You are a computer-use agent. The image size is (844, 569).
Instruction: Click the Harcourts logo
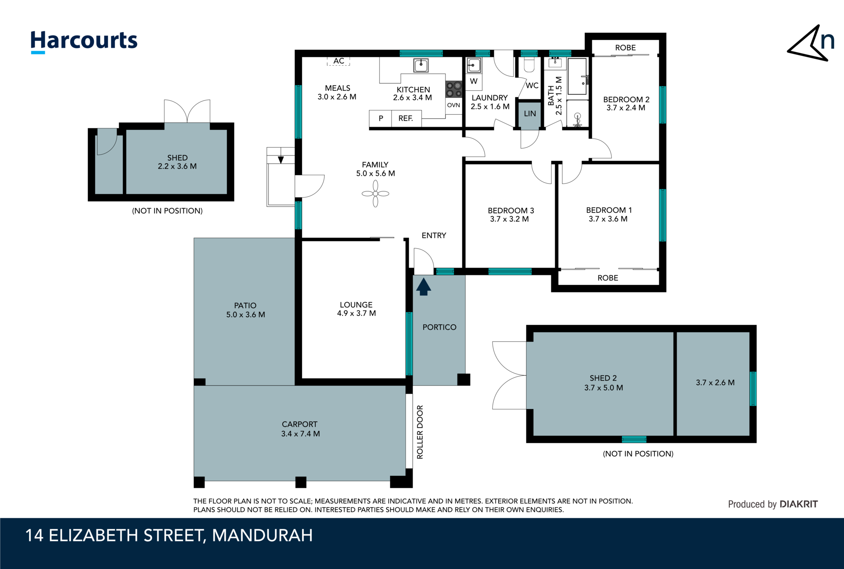click(84, 41)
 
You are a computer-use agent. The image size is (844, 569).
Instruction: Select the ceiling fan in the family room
click(375, 193)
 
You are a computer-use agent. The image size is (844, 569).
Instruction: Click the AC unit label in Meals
click(339, 61)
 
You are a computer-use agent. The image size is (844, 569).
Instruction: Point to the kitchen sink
click(421, 65)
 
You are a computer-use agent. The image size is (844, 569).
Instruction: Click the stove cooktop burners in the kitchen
click(454, 89)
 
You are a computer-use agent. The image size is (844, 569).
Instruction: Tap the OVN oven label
click(453, 105)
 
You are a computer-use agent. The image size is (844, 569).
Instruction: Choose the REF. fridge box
click(406, 118)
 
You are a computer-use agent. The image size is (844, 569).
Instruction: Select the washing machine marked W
click(474, 81)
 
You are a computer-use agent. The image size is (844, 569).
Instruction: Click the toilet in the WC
click(529, 65)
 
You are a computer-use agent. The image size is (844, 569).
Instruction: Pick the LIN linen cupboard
click(530, 114)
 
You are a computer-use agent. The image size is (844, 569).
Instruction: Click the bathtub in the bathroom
click(577, 77)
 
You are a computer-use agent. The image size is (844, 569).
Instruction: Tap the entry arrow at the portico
click(423, 287)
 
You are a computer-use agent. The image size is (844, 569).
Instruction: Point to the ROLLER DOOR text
click(420, 432)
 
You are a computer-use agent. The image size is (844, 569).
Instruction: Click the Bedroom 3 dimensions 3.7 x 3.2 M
click(509, 219)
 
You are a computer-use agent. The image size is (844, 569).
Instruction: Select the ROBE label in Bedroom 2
click(625, 48)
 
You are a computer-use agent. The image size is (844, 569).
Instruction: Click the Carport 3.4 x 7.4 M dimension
click(300, 434)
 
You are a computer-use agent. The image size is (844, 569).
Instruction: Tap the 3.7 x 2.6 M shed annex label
click(715, 383)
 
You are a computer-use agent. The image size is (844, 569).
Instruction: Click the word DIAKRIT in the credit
click(798, 504)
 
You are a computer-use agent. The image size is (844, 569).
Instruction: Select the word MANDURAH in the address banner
click(262, 535)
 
